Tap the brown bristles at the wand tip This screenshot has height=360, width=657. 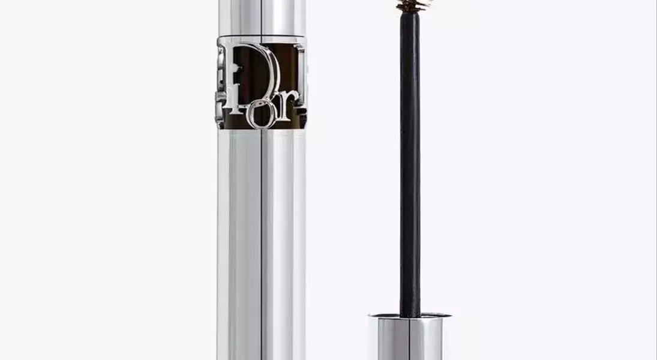(413, 5)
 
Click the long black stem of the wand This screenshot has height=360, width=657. (410, 163)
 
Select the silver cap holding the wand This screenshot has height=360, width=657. (410, 337)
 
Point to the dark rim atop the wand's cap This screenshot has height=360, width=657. (410, 316)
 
